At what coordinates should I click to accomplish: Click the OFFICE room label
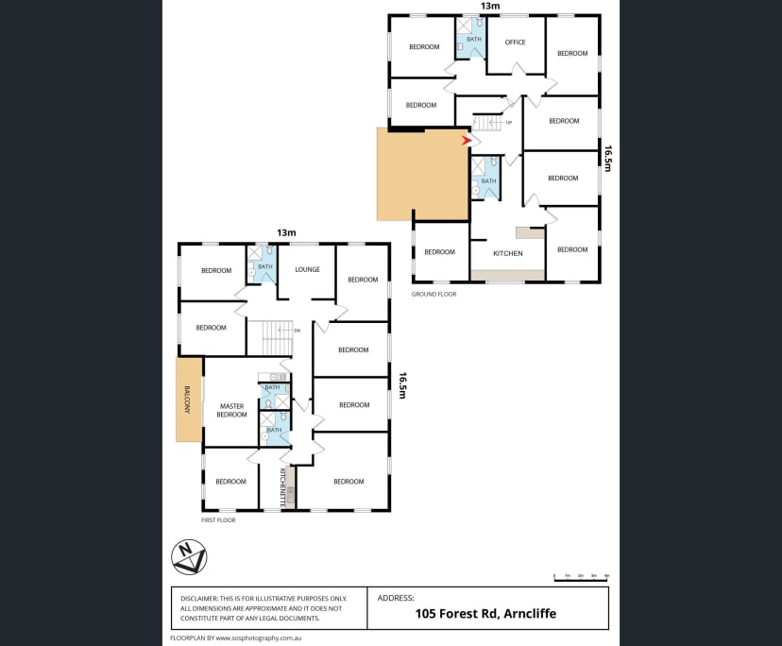pyautogui.click(x=515, y=42)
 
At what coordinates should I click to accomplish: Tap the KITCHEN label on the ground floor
pyautogui.click(x=508, y=253)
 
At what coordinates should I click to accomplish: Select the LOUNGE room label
pyautogui.click(x=307, y=269)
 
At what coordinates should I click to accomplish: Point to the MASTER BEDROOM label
pyautogui.click(x=231, y=411)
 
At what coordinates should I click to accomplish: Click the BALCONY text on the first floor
pyautogui.click(x=188, y=399)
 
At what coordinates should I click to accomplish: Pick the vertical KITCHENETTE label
pyautogui.click(x=281, y=488)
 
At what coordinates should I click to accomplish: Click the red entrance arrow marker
pyautogui.click(x=466, y=141)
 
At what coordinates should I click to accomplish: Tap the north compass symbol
pyautogui.click(x=189, y=556)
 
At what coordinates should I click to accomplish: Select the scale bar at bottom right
pyautogui.click(x=581, y=576)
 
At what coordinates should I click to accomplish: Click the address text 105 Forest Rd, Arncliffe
pyautogui.click(x=485, y=614)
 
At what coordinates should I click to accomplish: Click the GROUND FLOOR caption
pyautogui.click(x=433, y=294)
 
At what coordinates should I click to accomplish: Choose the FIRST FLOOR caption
pyautogui.click(x=218, y=520)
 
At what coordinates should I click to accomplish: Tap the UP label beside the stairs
pyautogui.click(x=509, y=123)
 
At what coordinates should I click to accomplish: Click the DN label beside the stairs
pyautogui.click(x=297, y=331)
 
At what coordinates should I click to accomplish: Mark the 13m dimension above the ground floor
pyautogui.click(x=489, y=6)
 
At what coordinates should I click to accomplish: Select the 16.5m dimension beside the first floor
pyautogui.click(x=402, y=384)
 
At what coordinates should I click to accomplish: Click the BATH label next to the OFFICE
pyautogui.click(x=474, y=39)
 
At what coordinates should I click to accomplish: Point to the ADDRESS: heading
pyautogui.click(x=396, y=598)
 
